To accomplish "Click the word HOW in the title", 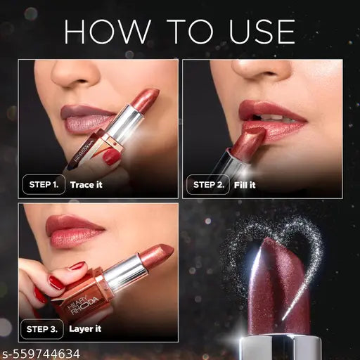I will coord(104,32).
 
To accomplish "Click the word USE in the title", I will coord(257,32).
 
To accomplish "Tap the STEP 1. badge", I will coord(44,185).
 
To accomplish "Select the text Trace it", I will coord(87,185).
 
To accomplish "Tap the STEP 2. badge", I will coord(208,185).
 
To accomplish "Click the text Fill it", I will coord(246,185).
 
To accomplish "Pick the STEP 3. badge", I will coord(44,328).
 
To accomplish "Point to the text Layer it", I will coord(86,328).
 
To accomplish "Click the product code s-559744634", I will coord(41,353).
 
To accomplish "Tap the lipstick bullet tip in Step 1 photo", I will coord(146,100).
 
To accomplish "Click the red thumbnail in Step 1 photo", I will coord(112,156).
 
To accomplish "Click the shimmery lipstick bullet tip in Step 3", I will coord(156,256).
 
